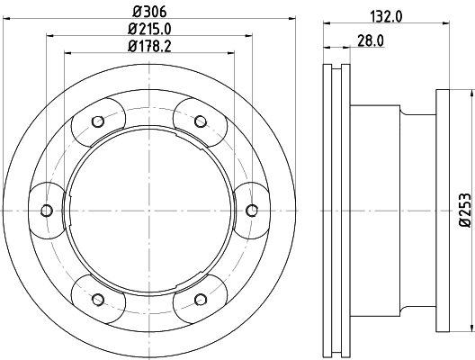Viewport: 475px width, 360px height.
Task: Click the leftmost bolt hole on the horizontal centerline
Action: [x=46, y=210]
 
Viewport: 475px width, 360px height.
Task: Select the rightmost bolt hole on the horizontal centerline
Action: [x=251, y=210]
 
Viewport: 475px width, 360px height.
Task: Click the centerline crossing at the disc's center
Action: [x=148, y=210]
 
